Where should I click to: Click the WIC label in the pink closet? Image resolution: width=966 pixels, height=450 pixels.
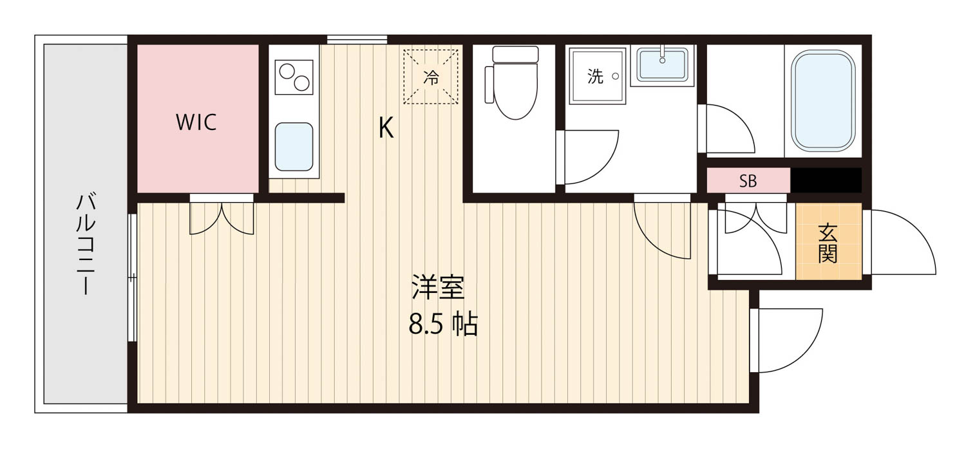pyautogui.click(x=196, y=122)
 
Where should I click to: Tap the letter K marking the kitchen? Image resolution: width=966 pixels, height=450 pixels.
pyautogui.click(x=386, y=127)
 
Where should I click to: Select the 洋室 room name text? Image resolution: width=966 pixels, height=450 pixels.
pyautogui.click(x=438, y=286)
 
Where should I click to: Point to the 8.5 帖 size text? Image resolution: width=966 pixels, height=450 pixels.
pyautogui.click(x=443, y=324)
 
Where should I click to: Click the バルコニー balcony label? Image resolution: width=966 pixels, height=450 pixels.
pyautogui.click(x=86, y=245)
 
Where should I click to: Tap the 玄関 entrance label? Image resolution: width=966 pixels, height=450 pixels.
pyautogui.click(x=828, y=243)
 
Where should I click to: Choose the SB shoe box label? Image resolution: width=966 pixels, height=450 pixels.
pyautogui.click(x=748, y=181)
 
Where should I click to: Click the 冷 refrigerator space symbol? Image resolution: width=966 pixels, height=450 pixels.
pyautogui.click(x=431, y=77)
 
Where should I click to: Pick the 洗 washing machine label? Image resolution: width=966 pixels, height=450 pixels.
pyautogui.click(x=595, y=77)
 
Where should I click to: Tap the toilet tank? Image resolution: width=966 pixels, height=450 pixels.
pyautogui.click(x=515, y=54)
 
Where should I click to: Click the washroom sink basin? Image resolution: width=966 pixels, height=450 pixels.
pyautogui.click(x=663, y=64)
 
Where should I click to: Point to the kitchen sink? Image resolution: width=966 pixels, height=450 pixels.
pyautogui.click(x=294, y=147)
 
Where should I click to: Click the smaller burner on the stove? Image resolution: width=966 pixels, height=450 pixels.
pyautogui.click(x=287, y=71)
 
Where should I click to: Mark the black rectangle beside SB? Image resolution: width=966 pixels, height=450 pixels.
pyautogui.click(x=826, y=180)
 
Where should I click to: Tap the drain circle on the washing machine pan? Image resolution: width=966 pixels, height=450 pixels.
pyautogui.click(x=616, y=77)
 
